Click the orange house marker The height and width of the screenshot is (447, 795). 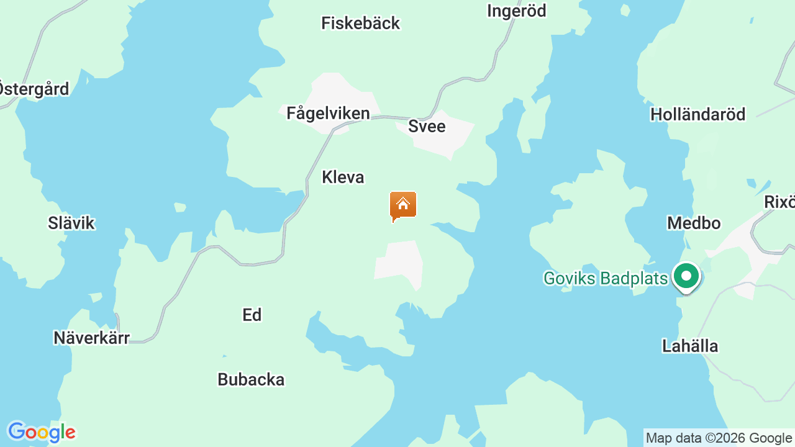(403, 205)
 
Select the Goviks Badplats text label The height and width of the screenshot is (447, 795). (605, 278)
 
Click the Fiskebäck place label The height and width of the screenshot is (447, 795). (360, 24)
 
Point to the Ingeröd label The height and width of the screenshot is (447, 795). (516, 11)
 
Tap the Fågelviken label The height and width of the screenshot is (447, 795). (328, 114)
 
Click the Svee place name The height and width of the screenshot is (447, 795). (427, 126)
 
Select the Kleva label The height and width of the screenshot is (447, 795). (343, 178)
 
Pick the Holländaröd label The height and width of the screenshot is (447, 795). (697, 114)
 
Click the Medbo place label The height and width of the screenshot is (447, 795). (694, 223)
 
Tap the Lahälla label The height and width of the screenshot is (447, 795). (690, 346)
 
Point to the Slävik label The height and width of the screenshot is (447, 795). (71, 223)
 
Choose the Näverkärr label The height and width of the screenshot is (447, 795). (91, 338)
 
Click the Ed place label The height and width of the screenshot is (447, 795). (252, 315)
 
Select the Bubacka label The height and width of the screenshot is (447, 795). (251, 379)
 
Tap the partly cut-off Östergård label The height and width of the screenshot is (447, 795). (34, 89)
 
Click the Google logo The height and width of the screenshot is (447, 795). (41, 431)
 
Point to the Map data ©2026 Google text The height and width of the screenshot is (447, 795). (719, 438)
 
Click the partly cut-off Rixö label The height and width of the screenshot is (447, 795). (779, 202)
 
